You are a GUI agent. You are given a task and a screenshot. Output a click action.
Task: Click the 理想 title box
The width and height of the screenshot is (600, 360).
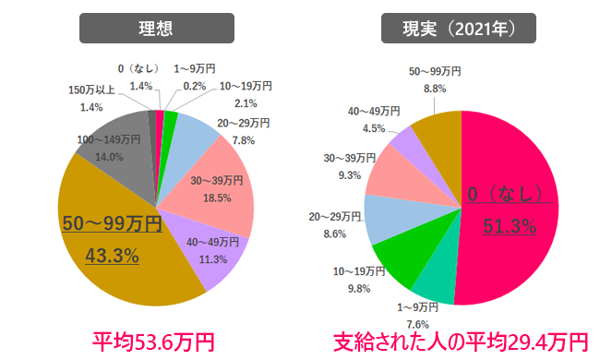click(155, 29)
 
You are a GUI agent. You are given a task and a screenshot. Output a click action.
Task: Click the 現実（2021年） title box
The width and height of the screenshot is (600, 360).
click(459, 29)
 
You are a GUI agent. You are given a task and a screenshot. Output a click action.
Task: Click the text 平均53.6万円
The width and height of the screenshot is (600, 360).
click(154, 342)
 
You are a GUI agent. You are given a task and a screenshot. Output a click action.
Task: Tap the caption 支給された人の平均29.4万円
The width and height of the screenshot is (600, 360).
click(460, 342)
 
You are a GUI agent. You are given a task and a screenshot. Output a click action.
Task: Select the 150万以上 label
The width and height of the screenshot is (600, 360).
click(92, 90)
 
